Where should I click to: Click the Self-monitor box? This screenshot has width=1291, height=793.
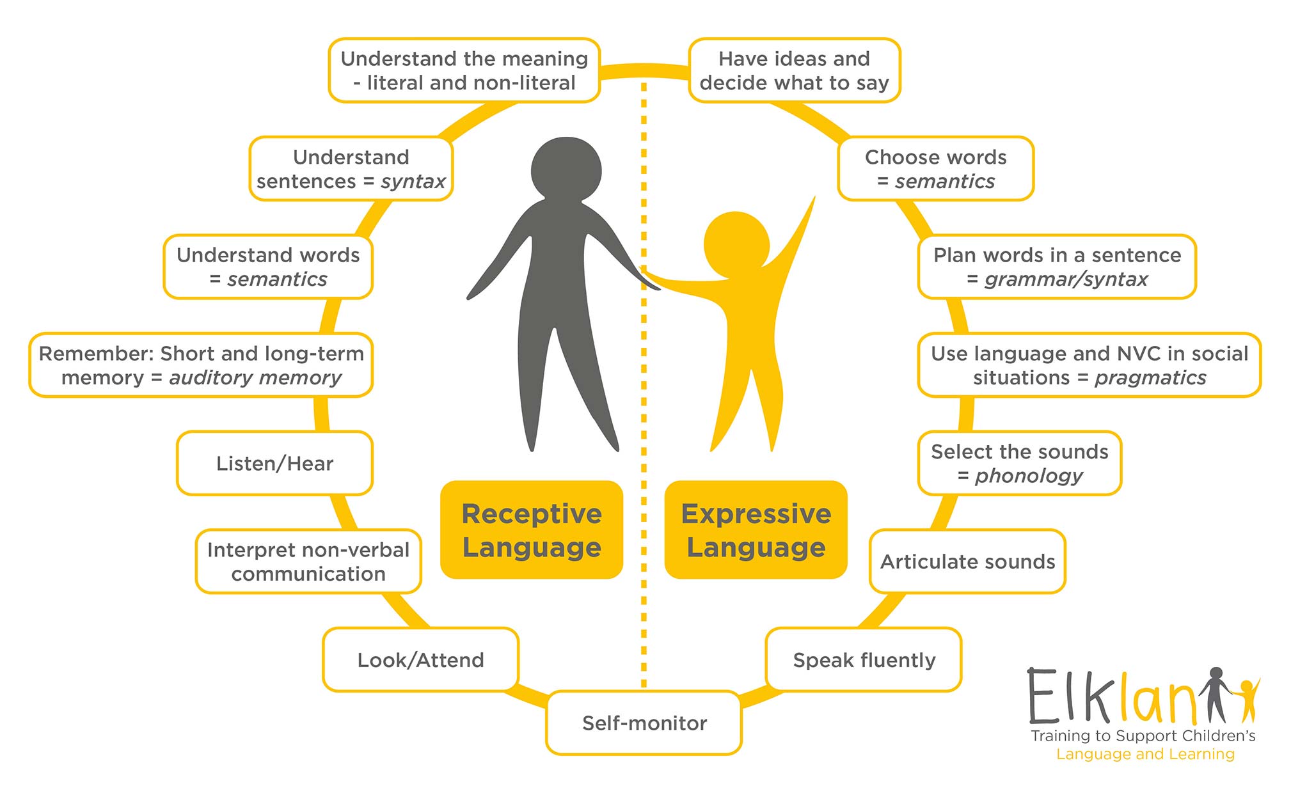[644, 723]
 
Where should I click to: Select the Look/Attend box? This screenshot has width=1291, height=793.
[420, 659]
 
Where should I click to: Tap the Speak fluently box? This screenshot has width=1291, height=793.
[864, 659]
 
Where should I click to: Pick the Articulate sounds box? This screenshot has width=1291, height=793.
[967, 561]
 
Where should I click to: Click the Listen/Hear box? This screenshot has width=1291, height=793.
[274, 463]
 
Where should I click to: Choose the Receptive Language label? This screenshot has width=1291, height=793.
[532, 530]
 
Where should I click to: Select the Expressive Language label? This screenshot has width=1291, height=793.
[756, 530]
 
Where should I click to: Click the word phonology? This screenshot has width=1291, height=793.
[1029, 476]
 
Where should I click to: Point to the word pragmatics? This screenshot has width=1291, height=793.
[1150, 378]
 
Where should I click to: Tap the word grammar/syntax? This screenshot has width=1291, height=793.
[1066, 279]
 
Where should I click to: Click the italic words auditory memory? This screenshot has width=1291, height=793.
[255, 378]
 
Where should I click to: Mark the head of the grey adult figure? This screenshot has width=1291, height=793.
[566, 169]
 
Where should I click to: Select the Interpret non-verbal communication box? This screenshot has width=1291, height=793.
[308, 561]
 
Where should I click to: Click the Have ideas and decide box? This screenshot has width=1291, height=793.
[794, 70]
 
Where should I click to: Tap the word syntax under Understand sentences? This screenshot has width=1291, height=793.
[413, 182]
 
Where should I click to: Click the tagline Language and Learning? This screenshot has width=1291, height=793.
[1145, 755]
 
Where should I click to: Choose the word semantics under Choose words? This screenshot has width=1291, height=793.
[945, 182]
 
